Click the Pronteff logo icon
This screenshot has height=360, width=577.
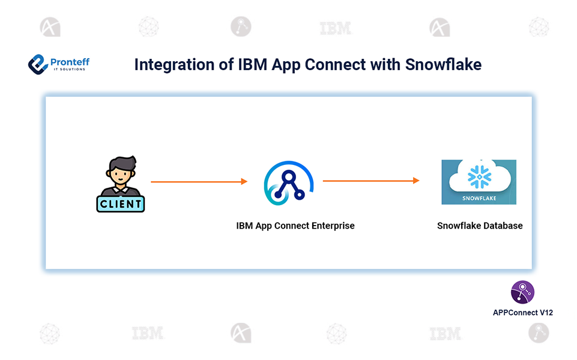[x=38, y=64]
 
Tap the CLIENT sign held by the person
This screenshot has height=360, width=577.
[x=121, y=204]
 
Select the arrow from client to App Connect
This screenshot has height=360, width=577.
[x=199, y=181]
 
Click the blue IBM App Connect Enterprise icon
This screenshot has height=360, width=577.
[x=289, y=182]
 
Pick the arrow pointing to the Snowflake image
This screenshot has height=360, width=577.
[x=371, y=181]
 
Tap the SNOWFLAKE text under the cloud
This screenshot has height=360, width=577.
[x=479, y=197]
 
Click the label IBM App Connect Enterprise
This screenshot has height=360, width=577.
[x=295, y=226]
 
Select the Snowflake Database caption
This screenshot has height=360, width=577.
[x=480, y=226]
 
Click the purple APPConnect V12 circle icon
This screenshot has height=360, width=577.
[x=522, y=292]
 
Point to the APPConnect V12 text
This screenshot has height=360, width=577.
[x=522, y=313]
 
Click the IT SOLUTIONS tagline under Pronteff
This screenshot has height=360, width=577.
[x=68, y=70]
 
